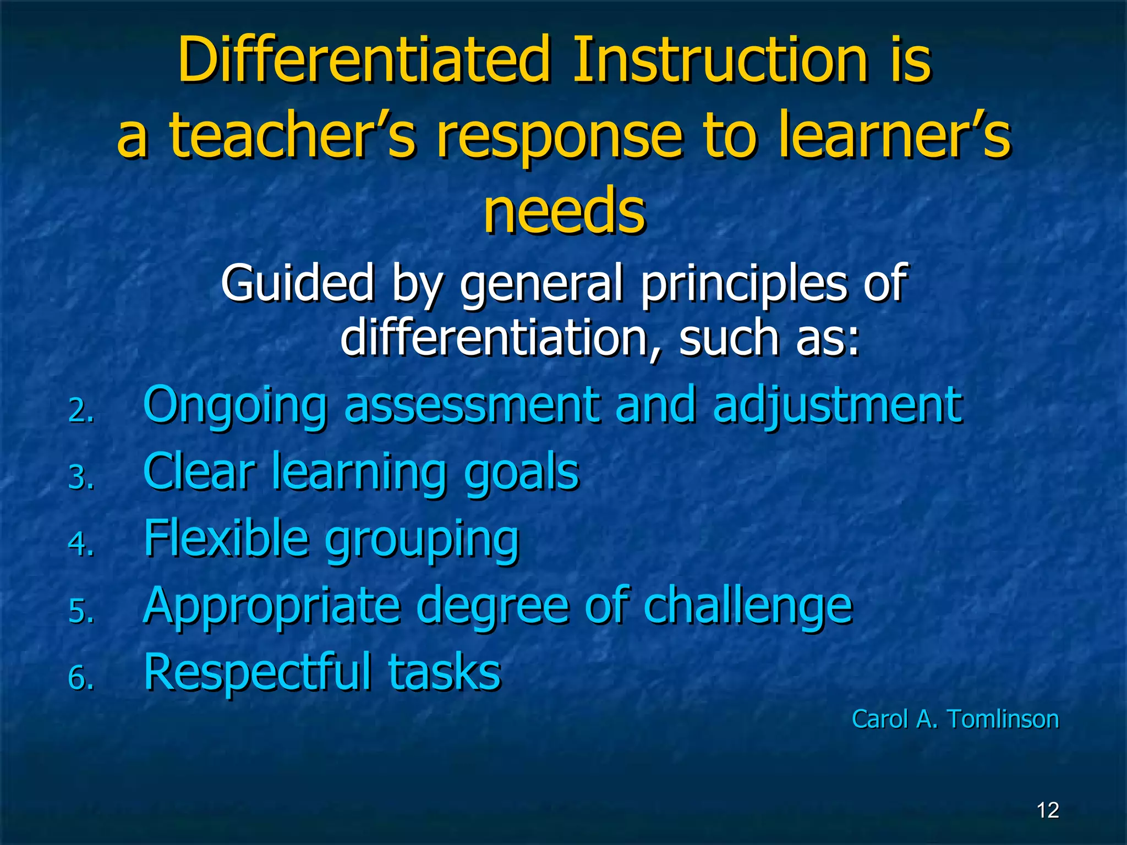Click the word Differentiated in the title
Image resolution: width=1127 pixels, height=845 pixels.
pyautogui.click(x=363, y=59)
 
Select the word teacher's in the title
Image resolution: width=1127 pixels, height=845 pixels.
pyautogui.click(x=292, y=135)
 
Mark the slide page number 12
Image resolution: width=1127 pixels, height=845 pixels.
pyautogui.click(x=1048, y=810)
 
